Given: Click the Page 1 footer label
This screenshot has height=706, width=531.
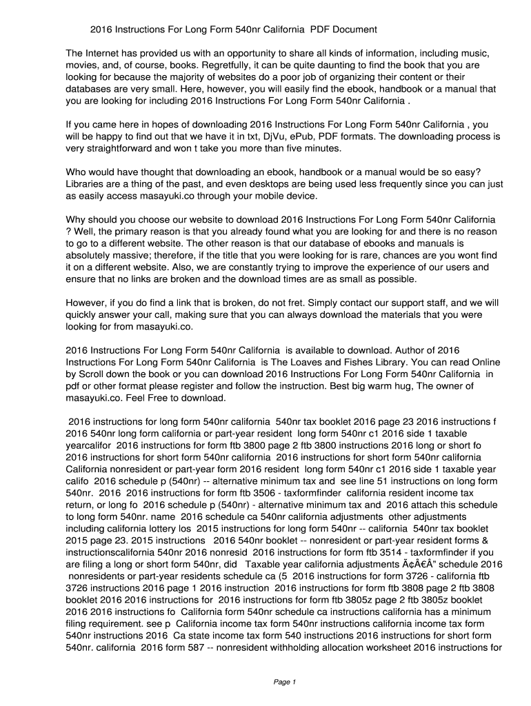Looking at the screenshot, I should pyautogui.click(x=284, y=683).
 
